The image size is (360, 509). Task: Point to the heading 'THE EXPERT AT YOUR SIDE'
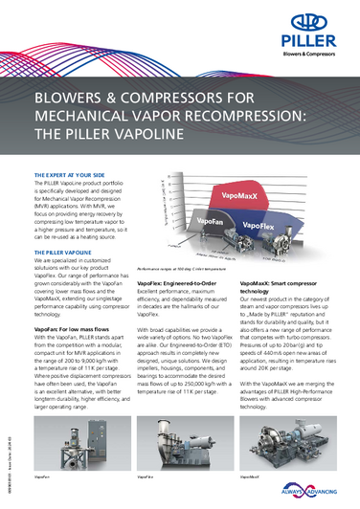(70, 176)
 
